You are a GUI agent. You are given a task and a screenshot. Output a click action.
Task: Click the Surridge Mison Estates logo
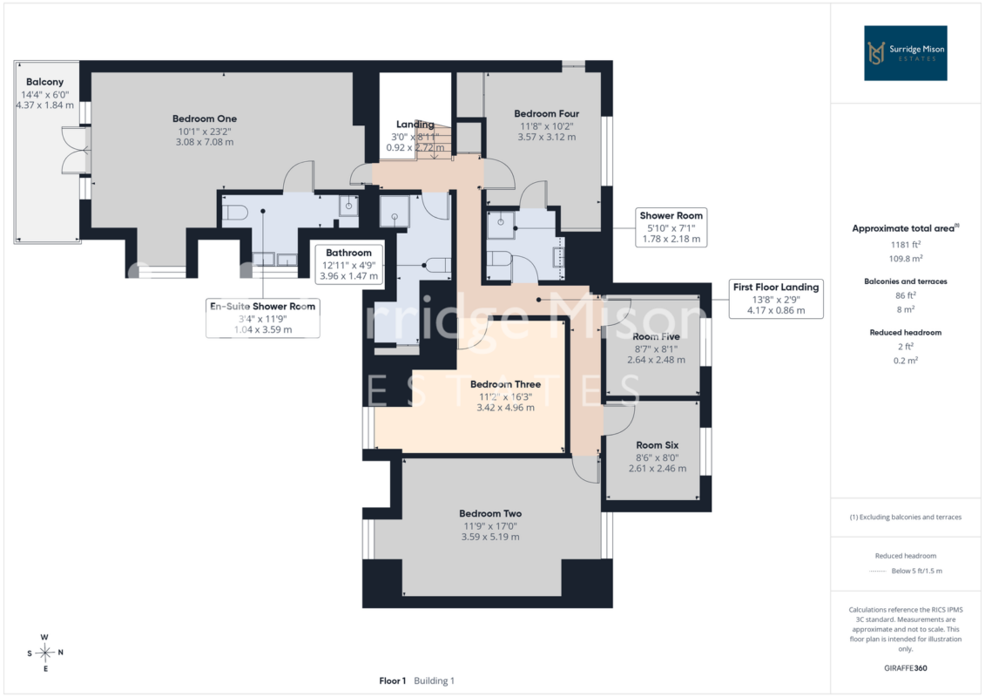(x=905, y=53)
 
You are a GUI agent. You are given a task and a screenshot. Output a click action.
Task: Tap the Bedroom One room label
(x=205, y=118)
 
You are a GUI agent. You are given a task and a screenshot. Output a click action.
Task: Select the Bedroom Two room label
(x=490, y=513)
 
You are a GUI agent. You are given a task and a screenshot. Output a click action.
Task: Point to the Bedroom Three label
(x=505, y=384)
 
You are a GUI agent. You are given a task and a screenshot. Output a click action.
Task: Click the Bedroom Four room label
(x=547, y=114)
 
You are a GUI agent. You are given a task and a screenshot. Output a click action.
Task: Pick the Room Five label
(x=656, y=337)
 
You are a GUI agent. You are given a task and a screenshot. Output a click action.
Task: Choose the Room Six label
(x=657, y=445)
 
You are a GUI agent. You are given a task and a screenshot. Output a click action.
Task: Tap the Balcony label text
(x=44, y=82)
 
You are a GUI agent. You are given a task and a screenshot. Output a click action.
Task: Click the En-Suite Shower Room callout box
(x=263, y=318)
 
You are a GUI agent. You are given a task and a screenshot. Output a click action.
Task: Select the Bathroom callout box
(x=348, y=264)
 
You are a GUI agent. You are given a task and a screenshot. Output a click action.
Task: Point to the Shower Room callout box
(x=671, y=227)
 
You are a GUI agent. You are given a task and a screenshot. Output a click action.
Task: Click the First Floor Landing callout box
(x=776, y=299)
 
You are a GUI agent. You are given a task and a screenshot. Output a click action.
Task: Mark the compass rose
(x=44, y=653)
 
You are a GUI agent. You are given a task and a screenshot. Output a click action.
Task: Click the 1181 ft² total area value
(x=905, y=245)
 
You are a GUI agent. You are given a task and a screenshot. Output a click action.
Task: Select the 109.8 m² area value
(x=905, y=258)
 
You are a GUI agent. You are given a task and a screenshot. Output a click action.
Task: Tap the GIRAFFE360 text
(x=905, y=668)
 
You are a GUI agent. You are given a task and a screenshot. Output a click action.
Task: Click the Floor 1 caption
(x=393, y=680)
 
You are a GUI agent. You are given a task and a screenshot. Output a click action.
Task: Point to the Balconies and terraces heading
(x=905, y=281)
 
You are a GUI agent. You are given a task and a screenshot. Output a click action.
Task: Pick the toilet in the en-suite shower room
(x=234, y=213)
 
